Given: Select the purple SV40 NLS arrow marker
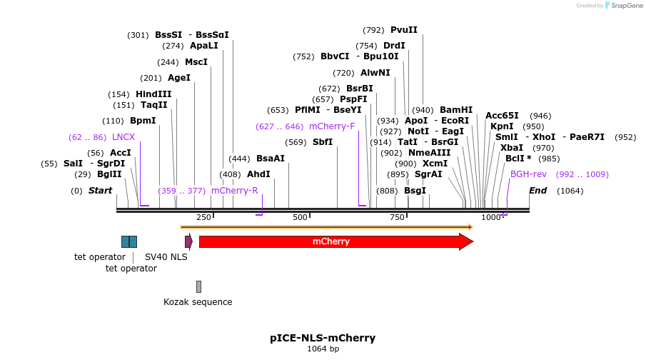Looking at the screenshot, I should point(188,241).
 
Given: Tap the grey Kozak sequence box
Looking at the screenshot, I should point(198,286).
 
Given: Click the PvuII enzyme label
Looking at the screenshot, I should point(403,30).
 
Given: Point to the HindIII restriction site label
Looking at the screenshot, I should point(153,94).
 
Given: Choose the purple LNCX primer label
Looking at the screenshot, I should point(123,137).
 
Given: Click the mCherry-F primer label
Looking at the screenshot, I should point(332,126).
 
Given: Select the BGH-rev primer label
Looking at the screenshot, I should point(528,174).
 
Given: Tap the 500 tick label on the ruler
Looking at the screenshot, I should point(300,217).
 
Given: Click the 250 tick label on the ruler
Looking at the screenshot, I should point(203,217).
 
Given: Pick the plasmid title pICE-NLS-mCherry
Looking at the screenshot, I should point(323,338).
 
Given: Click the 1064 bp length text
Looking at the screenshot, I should point(323,349).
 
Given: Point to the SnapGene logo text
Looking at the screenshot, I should point(623,6).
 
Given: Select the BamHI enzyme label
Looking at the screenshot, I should point(456,110).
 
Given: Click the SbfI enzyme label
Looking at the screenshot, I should point(323,142).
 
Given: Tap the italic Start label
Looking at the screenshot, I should point(100,191).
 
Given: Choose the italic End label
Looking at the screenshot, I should point(538,191).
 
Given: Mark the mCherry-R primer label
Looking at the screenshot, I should point(234,191).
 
